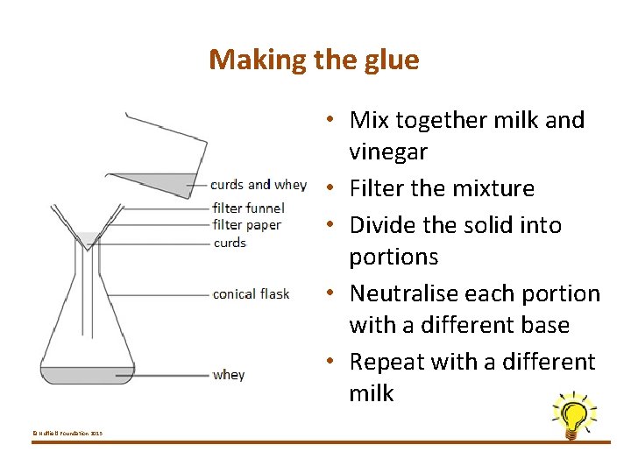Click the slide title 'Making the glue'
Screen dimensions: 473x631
click(314, 60)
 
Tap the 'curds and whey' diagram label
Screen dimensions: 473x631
click(259, 185)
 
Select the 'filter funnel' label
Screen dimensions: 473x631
click(248, 208)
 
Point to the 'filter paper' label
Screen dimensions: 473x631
click(247, 225)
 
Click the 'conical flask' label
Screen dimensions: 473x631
click(251, 294)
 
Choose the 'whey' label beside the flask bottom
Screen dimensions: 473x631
click(229, 375)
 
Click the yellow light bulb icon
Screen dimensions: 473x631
click(573, 414)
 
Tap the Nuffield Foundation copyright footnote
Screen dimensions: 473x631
click(67, 434)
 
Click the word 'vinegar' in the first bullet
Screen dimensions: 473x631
click(388, 152)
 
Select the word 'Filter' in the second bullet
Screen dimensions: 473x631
click(376, 188)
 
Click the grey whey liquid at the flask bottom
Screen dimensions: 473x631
click(87, 375)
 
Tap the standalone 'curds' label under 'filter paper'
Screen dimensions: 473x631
click(230, 243)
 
